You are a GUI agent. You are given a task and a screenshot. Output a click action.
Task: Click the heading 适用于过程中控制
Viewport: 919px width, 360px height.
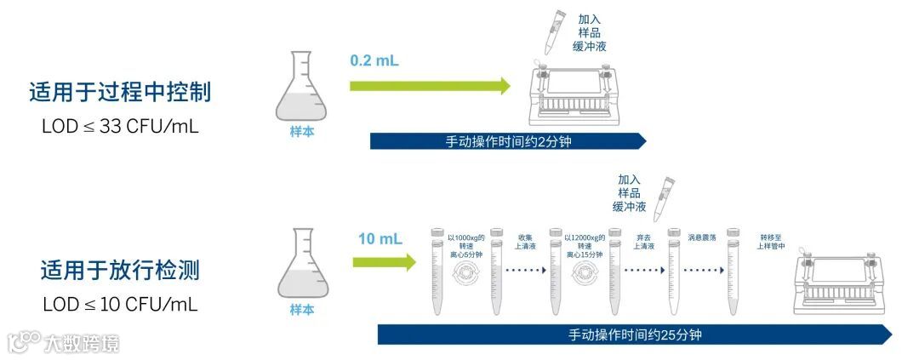[x=119, y=93]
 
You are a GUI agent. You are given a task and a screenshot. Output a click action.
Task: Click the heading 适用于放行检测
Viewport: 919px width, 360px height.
[x=119, y=271]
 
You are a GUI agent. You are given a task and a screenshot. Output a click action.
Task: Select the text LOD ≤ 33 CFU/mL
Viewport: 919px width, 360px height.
[x=119, y=126]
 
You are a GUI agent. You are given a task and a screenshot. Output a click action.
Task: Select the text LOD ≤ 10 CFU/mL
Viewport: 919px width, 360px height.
[x=119, y=304]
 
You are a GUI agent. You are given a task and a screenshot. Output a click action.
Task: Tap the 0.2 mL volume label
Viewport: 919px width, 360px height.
[x=374, y=61]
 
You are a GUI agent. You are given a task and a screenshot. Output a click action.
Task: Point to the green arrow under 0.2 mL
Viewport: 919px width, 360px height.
[x=430, y=85]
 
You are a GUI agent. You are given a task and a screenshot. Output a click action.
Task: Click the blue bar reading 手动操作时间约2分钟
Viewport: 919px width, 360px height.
[x=508, y=141]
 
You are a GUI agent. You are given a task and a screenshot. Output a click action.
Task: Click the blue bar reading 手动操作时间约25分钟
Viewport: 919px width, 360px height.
[x=635, y=334]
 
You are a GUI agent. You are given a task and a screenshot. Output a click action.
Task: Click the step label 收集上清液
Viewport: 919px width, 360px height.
[x=525, y=242]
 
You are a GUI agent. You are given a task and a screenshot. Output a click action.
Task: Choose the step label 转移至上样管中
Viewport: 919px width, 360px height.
[x=770, y=242]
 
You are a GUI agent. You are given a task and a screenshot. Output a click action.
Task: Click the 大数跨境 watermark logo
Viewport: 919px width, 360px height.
[x=64, y=342]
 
